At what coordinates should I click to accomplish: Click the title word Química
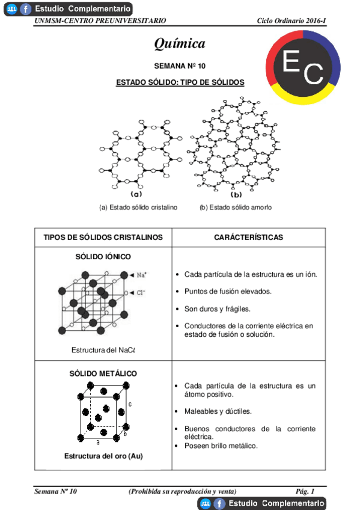coord(180,43)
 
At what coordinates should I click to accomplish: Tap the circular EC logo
coord(303,67)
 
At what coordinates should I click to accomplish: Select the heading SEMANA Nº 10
coord(180,66)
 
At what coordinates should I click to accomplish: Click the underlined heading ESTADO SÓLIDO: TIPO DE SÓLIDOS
coord(180,83)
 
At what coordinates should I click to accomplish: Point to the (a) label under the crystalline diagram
coord(136,194)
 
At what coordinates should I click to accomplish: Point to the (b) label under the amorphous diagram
coord(236,194)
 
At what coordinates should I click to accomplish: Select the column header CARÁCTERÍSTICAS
coord(248,238)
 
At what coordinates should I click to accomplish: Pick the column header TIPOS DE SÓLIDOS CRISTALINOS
coord(103,238)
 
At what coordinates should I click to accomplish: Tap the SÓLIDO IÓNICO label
coord(103,257)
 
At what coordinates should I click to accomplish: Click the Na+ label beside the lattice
coord(142,275)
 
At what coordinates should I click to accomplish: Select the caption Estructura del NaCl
coord(103,350)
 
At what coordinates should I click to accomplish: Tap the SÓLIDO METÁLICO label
coord(103,373)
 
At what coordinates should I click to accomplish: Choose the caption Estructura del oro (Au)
coord(103,456)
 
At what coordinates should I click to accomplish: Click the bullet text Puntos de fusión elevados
coord(228,292)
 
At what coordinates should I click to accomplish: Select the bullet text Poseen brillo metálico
coord(221,446)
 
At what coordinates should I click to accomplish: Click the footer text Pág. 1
coord(306,491)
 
